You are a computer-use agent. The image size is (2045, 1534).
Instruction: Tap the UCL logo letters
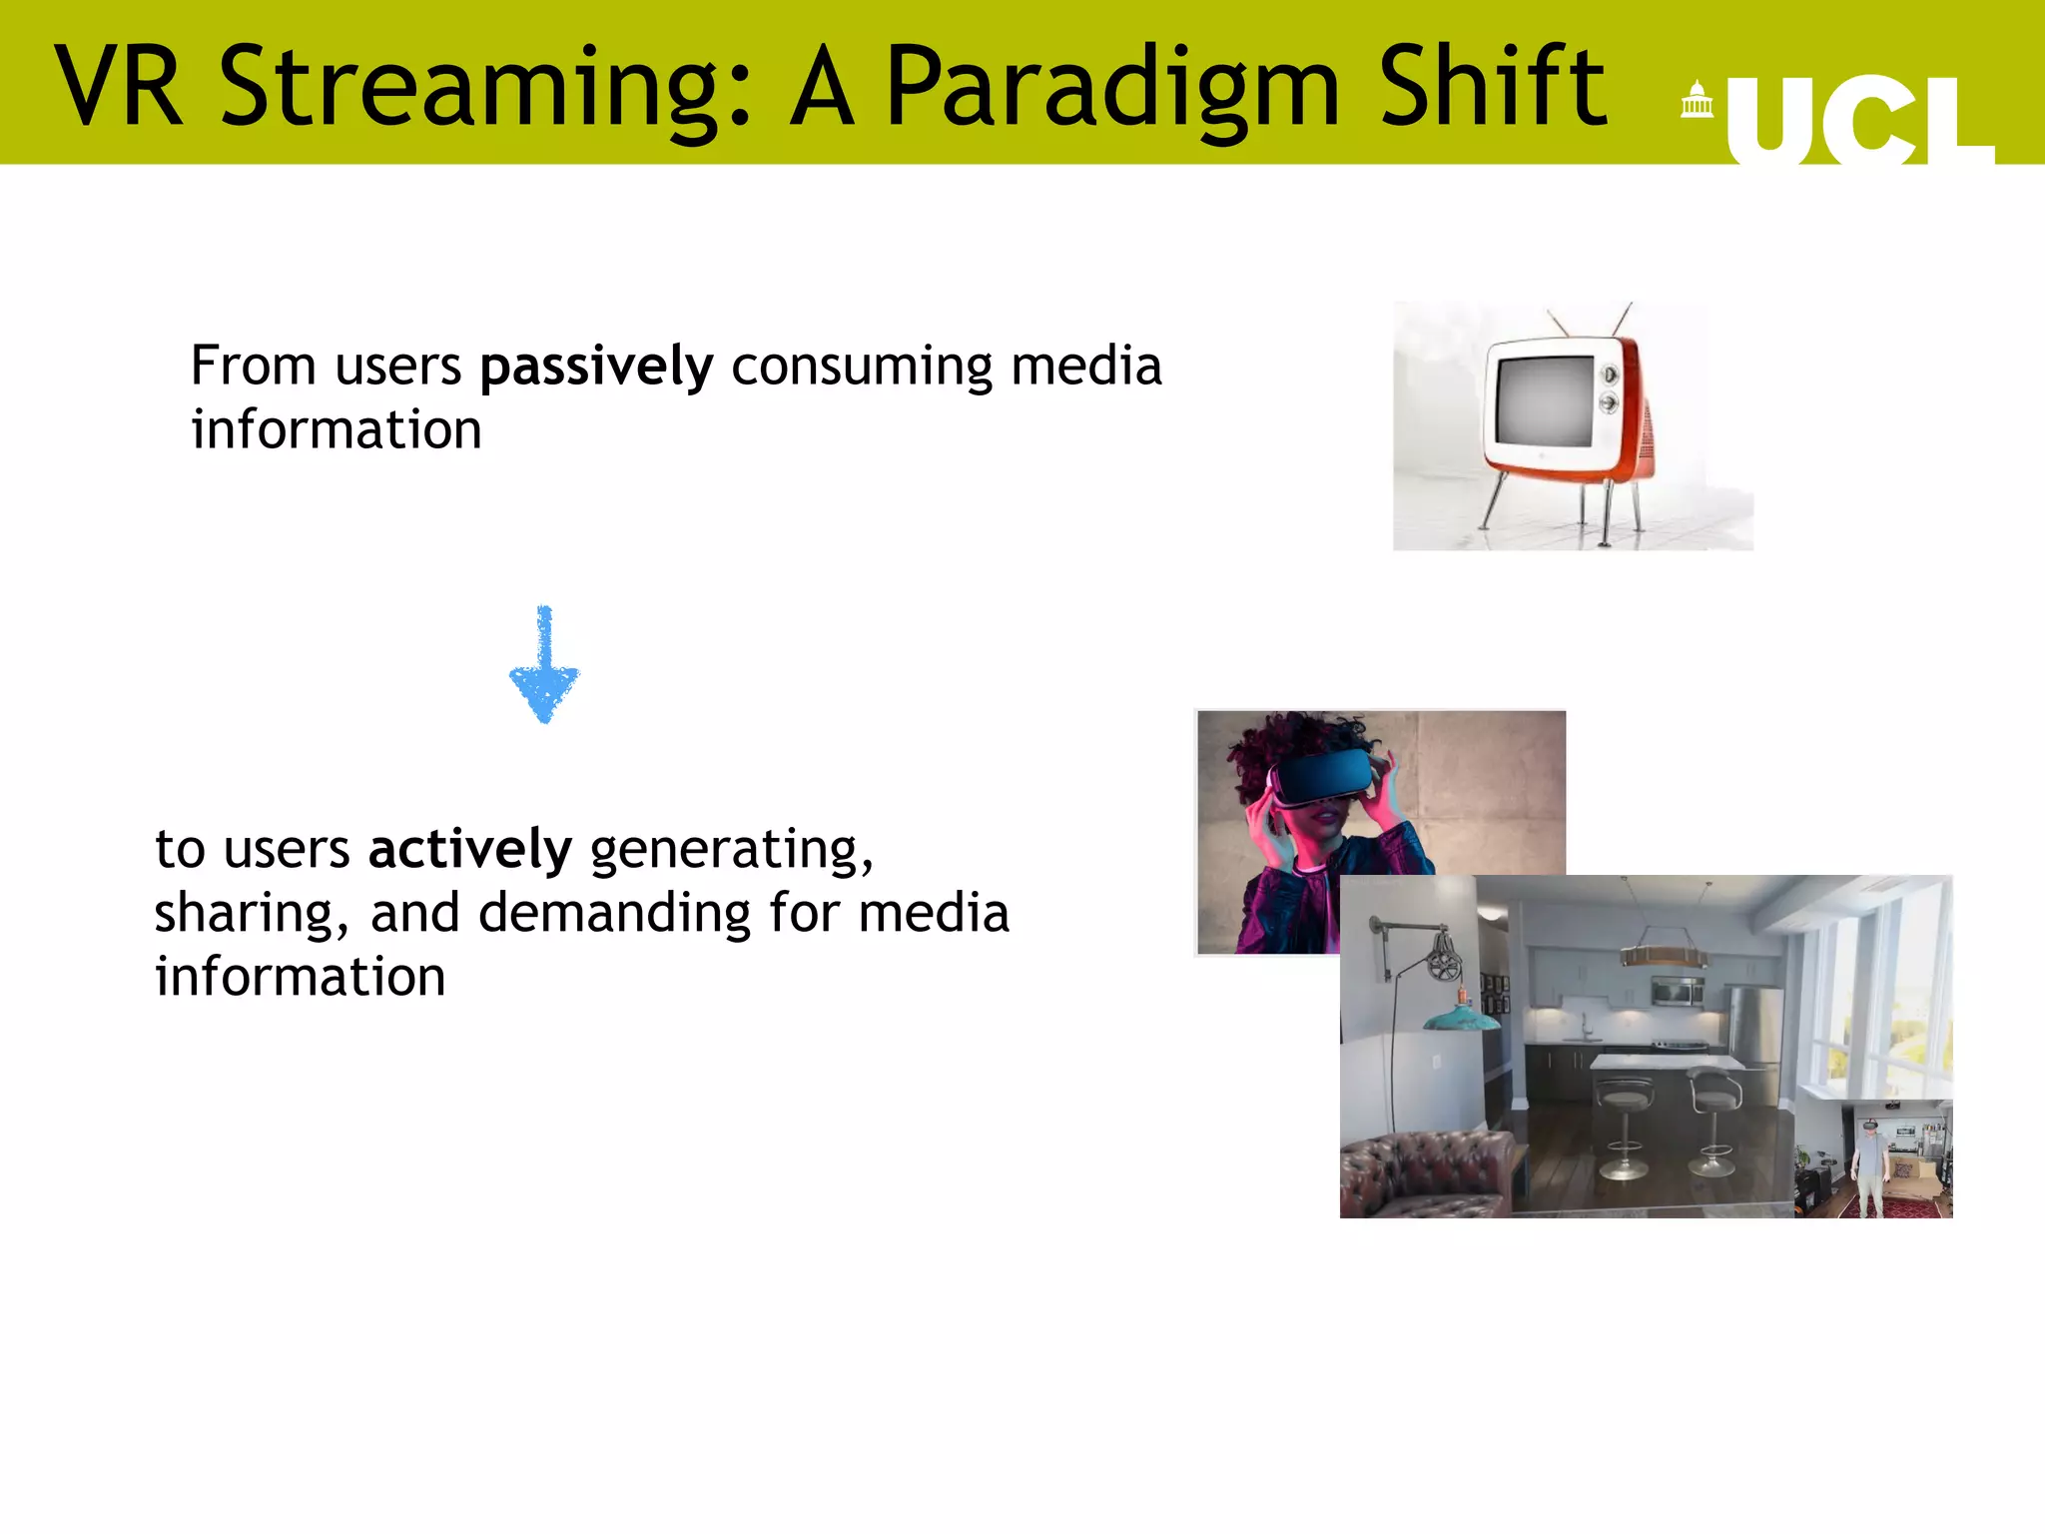[1858, 122]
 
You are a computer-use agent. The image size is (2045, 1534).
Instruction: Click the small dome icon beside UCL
[1696, 101]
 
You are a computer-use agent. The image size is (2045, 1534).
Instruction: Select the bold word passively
[596, 367]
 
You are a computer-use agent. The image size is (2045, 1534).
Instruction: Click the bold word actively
[469, 850]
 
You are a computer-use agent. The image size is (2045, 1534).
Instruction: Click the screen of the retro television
[1542, 400]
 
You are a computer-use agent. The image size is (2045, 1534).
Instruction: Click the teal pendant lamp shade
[1460, 1019]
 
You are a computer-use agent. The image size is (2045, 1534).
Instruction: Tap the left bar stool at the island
[1623, 1119]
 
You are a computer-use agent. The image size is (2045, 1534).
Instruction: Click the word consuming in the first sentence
[862, 367]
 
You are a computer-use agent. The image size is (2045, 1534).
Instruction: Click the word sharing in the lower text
[250, 914]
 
